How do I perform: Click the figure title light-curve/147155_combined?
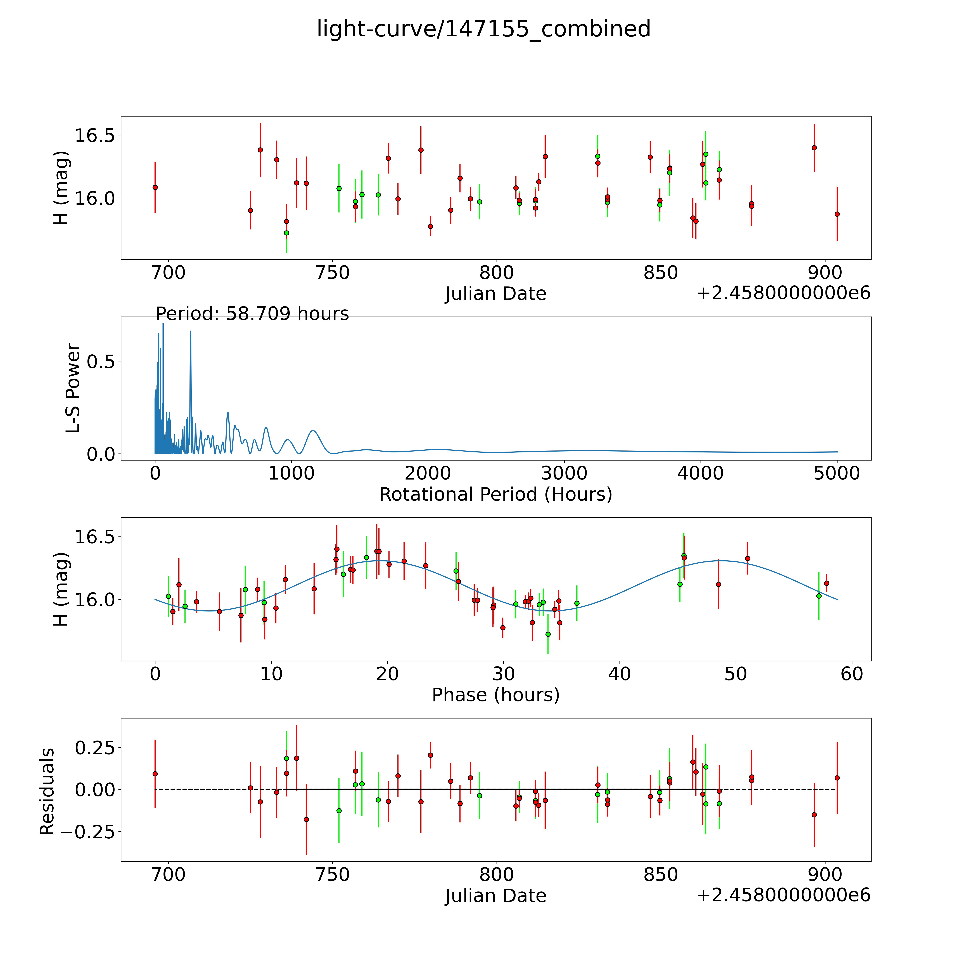pyautogui.click(x=483, y=29)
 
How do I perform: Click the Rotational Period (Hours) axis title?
pyautogui.click(x=495, y=495)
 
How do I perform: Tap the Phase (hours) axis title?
pyautogui.click(x=495, y=695)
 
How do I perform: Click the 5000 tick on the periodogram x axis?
pyautogui.click(x=837, y=473)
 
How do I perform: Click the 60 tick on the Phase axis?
pyautogui.click(x=852, y=674)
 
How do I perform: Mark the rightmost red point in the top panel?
pyautogui.click(x=837, y=214)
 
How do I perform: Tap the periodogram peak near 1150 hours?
pyautogui.click(x=313, y=431)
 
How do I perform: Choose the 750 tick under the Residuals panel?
pyautogui.click(x=333, y=875)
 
